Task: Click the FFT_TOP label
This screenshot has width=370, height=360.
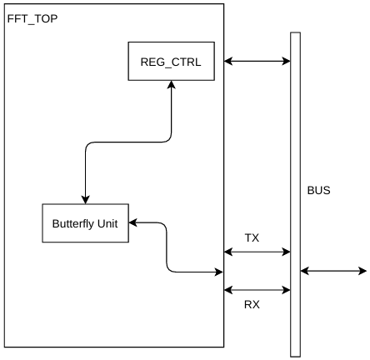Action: (32, 19)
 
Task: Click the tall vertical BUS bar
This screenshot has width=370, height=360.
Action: (295, 194)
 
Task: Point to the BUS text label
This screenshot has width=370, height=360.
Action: (318, 190)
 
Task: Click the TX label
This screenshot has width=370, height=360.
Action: (252, 237)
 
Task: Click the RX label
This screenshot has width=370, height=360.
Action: (252, 304)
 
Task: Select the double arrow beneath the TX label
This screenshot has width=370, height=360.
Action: (257, 252)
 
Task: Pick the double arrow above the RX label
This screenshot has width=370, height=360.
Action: (257, 290)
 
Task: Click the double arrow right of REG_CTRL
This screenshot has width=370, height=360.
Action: (257, 61)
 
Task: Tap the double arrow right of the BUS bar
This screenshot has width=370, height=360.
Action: (333, 271)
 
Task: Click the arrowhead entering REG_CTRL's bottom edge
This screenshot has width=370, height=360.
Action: (172, 84)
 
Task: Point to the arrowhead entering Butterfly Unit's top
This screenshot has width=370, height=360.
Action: (85, 200)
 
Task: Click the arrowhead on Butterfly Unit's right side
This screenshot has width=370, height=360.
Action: (133, 222)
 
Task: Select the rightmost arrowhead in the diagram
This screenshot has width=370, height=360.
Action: (362, 271)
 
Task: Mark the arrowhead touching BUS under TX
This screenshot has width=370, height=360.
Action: (287, 252)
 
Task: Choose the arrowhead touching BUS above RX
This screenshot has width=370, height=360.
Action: (287, 290)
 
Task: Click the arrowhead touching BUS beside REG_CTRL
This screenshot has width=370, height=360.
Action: (287, 61)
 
